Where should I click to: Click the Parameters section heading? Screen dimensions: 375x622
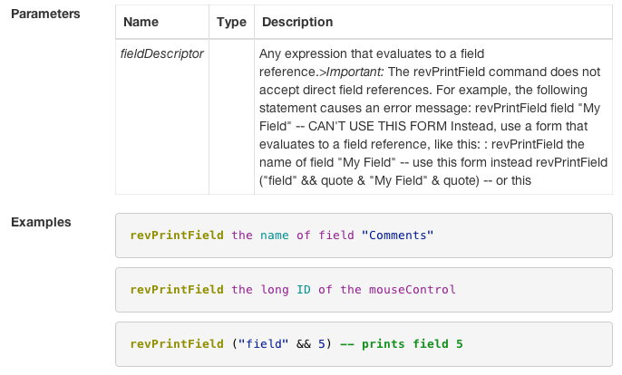(45, 14)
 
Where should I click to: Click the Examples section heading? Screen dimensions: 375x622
(42, 222)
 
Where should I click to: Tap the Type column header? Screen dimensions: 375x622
(231, 22)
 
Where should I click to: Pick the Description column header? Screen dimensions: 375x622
(296, 22)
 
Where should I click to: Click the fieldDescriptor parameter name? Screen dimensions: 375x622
(161, 53)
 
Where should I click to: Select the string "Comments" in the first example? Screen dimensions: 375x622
(398, 236)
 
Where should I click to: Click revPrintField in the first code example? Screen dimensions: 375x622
(177, 236)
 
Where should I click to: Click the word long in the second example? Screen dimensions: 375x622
(275, 290)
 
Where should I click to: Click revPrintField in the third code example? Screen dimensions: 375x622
(177, 344)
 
